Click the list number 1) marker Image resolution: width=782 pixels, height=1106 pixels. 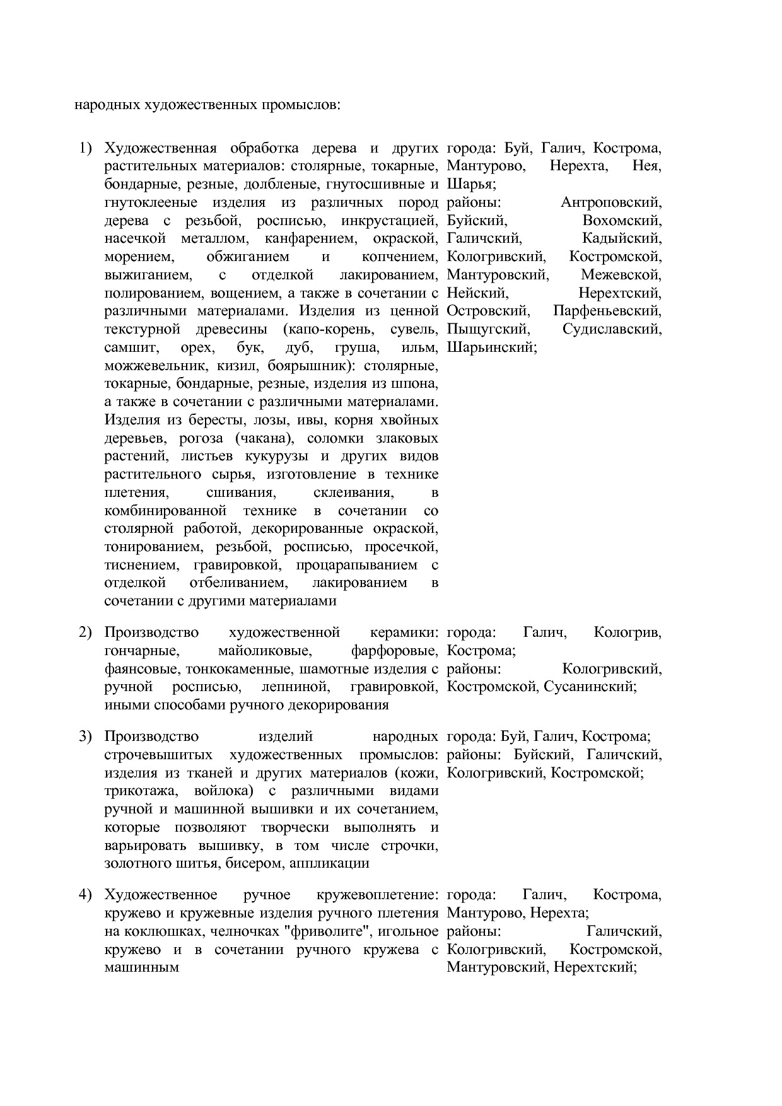click(x=85, y=149)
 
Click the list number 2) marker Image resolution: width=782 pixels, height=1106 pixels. click(x=85, y=632)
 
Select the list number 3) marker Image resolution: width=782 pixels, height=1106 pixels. click(x=85, y=736)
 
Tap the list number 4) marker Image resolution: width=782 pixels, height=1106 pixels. click(x=85, y=895)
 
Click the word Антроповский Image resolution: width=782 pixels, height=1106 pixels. click(x=610, y=203)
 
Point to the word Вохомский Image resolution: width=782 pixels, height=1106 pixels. click(x=622, y=221)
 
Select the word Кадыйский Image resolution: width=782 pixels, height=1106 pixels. click(x=622, y=239)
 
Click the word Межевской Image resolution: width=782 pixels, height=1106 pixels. click(x=621, y=275)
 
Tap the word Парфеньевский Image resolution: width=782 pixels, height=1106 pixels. click(x=607, y=311)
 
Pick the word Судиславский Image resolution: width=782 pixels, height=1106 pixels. click(x=612, y=329)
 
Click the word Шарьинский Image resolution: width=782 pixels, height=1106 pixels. click(x=491, y=347)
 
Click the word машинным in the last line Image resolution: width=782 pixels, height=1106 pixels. click(x=141, y=967)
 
